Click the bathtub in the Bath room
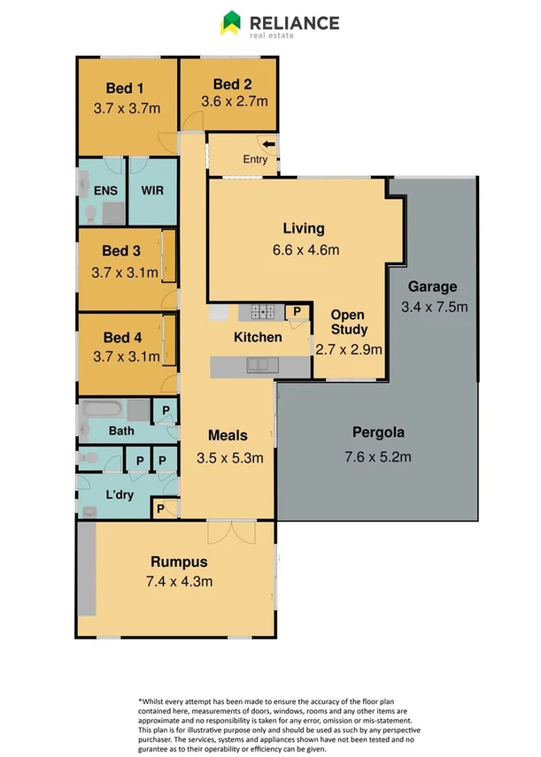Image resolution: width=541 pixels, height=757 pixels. pyautogui.click(x=101, y=411)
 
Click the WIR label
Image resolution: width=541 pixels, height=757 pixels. pyautogui.click(x=152, y=190)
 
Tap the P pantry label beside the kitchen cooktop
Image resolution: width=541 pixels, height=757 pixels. pyautogui.click(x=298, y=311)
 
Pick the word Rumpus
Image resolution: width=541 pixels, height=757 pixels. pyautogui.click(x=178, y=562)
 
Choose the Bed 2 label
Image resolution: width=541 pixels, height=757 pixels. pyautogui.click(x=232, y=84)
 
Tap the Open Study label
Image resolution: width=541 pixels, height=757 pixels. pyautogui.click(x=348, y=323)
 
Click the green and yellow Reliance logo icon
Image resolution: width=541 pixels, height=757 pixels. pyautogui.click(x=231, y=22)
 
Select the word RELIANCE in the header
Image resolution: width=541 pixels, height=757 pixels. pyautogui.click(x=294, y=21)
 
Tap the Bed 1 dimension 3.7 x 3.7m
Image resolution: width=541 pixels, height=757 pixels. pyautogui.click(x=126, y=109)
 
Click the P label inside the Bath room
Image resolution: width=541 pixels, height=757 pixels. pyautogui.click(x=165, y=409)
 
